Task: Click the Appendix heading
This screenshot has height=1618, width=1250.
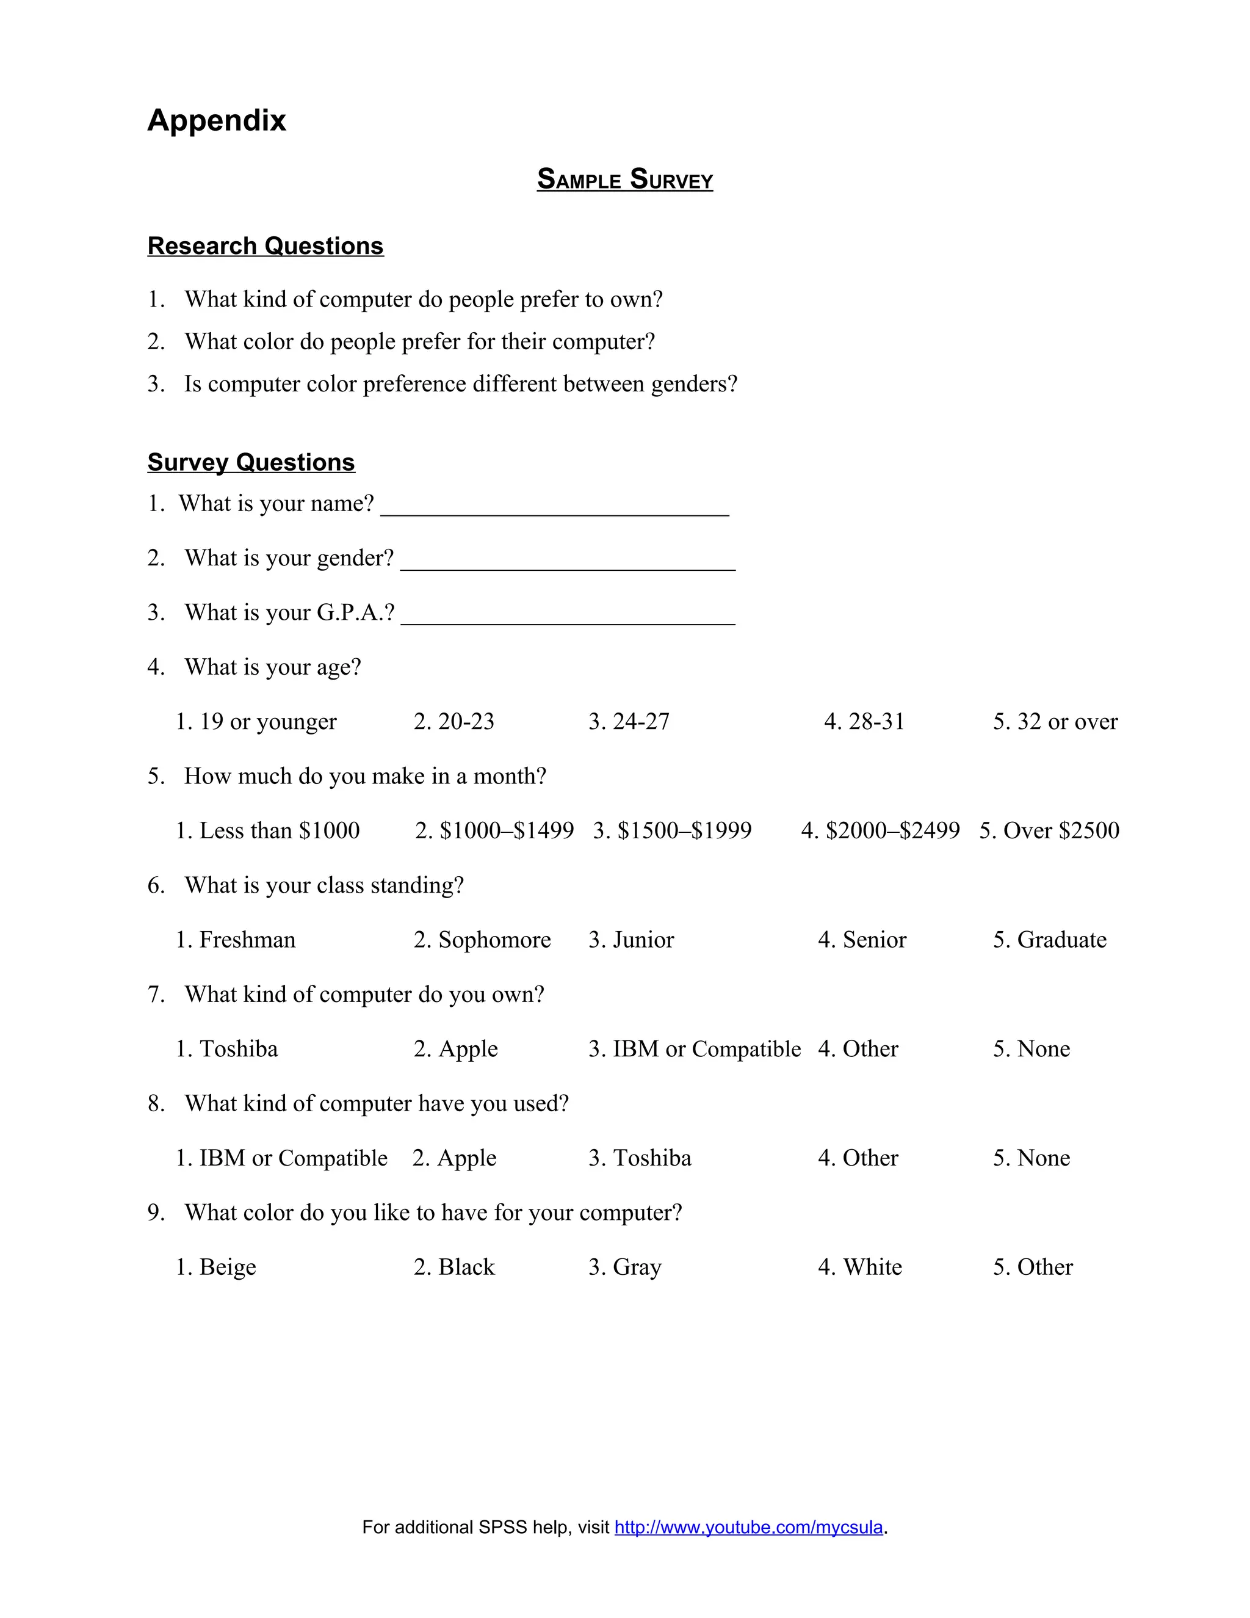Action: click(216, 120)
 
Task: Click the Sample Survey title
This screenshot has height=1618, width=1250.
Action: click(624, 180)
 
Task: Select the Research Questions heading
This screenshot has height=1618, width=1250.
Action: click(265, 246)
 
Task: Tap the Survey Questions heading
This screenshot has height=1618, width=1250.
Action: click(251, 462)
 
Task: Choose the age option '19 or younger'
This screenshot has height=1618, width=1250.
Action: click(256, 722)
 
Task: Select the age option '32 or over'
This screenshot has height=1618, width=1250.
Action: click(1055, 722)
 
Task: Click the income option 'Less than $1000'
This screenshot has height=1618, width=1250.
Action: click(267, 830)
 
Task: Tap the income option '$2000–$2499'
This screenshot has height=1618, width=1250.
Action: click(881, 830)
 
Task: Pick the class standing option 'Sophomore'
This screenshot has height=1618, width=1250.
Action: click(482, 940)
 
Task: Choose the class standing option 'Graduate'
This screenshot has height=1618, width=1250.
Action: click(1049, 940)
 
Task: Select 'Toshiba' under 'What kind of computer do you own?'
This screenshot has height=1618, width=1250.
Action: click(226, 1049)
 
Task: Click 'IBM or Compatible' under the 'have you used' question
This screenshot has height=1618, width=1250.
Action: click(281, 1158)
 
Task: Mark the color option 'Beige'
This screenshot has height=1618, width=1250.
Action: click(215, 1267)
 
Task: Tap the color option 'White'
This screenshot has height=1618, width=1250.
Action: click(860, 1267)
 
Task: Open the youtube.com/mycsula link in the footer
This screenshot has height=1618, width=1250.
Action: click(749, 1528)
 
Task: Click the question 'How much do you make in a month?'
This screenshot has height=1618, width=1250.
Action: click(364, 777)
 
